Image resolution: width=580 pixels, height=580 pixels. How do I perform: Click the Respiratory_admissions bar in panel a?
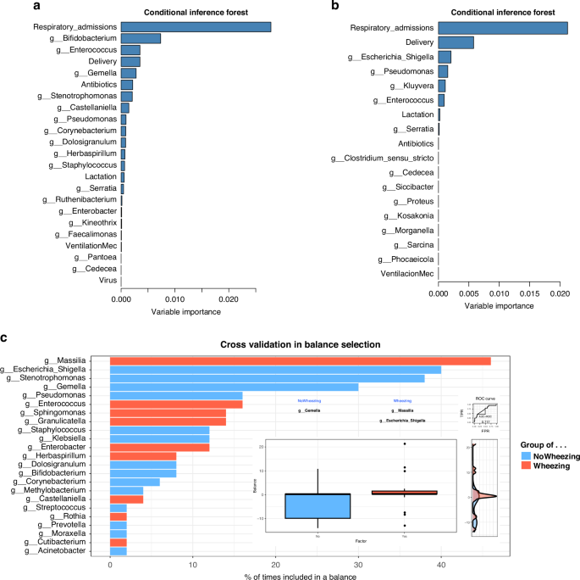196,27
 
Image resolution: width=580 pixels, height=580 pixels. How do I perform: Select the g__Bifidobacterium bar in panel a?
141,39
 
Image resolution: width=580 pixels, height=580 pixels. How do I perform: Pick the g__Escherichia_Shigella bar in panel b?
444,57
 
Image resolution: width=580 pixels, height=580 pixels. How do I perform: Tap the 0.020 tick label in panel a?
228,299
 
